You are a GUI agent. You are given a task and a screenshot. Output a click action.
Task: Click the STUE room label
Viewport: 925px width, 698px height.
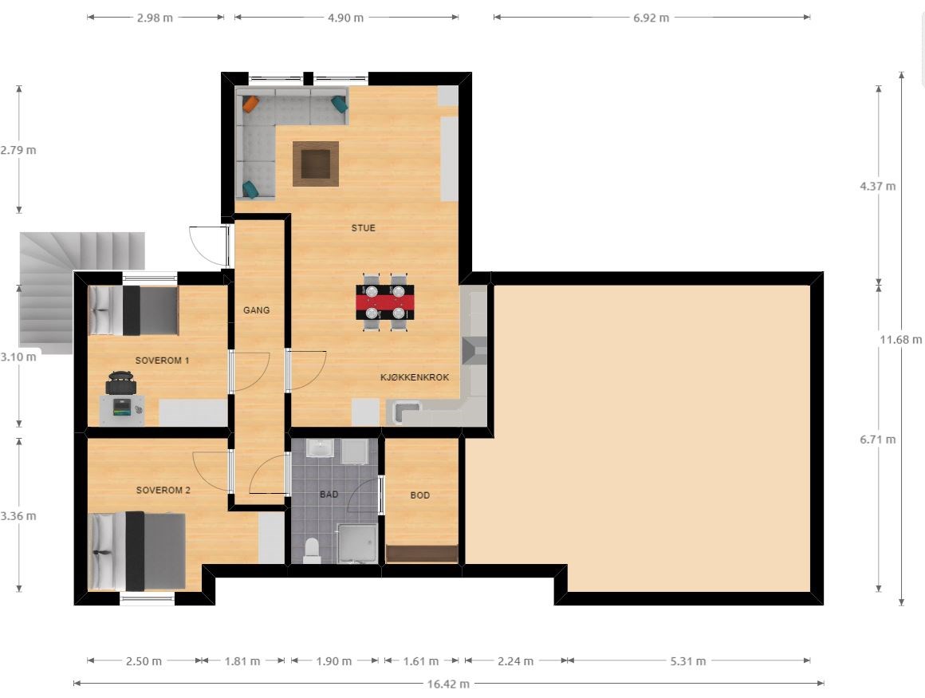pyautogui.click(x=363, y=228)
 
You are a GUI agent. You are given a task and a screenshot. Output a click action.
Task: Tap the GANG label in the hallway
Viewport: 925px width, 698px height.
pyautogui.click(x=256, y=310)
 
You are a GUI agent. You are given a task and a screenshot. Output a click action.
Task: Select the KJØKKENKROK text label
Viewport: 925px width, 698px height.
pyautogui.click(x=415, y=377)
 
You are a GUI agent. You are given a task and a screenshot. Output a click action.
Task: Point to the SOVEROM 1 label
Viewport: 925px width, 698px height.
pyautogui.click(x=162, y=360)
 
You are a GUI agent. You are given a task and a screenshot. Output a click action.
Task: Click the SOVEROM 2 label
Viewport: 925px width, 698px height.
pyautogui.click(x=163, y=490)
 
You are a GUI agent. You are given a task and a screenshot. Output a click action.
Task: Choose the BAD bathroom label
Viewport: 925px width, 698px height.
pyautogui.click(x=329, y=494)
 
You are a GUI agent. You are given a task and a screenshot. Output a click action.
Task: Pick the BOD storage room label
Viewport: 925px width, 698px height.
pyautogui.click(x=419, y=495)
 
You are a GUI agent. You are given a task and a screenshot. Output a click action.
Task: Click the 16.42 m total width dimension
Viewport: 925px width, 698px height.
pyautogui.click(x=448, y=684)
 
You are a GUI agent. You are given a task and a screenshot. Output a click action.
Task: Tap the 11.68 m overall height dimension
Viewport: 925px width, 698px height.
pyautogui.click(x=901, y=339)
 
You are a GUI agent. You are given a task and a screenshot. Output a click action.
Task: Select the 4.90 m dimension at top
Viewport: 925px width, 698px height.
pyautogui.click(x=346, y=18)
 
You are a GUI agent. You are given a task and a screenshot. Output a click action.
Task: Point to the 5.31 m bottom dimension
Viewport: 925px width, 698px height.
pyautogui.click(x=688, y=661)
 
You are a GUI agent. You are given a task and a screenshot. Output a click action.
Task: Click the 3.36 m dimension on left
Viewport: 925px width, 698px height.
pyautogui.click(x=18, y=515)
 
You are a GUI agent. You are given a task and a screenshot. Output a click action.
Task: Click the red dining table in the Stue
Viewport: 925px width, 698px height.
pyautogui.click(x=384, y=302)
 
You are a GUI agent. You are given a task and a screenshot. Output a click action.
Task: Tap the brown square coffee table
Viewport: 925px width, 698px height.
pyautogui.click(x=316, y=164)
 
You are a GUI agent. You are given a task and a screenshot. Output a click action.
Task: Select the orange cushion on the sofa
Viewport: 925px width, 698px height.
pyautogui.click(x=250, y=104)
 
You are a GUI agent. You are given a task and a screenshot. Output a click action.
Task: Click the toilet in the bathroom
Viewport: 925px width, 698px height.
pyautogui.click(x=311, y=550)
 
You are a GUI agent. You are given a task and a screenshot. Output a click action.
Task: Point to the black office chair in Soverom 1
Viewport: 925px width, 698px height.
pyautogui.click(x=121, y=382)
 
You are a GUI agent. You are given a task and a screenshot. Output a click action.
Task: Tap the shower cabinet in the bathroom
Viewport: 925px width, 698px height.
pyautogui.click(x=356, y=542)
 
